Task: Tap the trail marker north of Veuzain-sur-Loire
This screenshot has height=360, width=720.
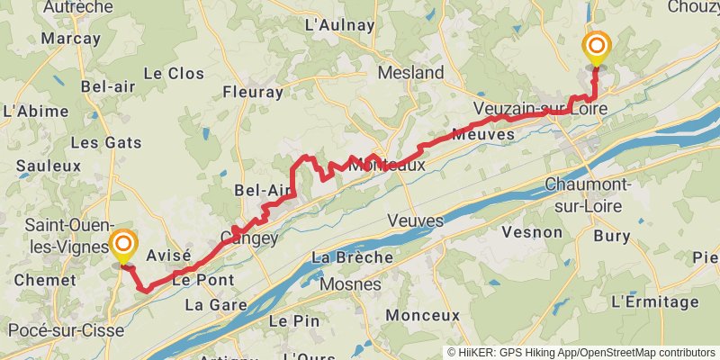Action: click(x=597, y=47)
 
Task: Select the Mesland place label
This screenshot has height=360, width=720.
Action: click(x=411, y=72)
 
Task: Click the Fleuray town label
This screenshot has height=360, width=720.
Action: click(x=253, y=91)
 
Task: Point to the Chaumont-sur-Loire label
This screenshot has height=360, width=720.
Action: click(x=589, y=194)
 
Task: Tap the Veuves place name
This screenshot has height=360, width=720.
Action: click(x=415, y=220)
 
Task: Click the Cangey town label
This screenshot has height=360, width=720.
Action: click(x=249, y=238)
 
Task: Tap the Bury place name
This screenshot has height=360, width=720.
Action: click(x=612, y=236)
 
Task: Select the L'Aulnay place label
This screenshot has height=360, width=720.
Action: click(x=339, y=25)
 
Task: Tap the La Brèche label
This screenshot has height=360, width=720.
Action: click(x=352, y=257)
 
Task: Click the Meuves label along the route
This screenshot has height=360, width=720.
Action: click(x=484, y=134)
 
